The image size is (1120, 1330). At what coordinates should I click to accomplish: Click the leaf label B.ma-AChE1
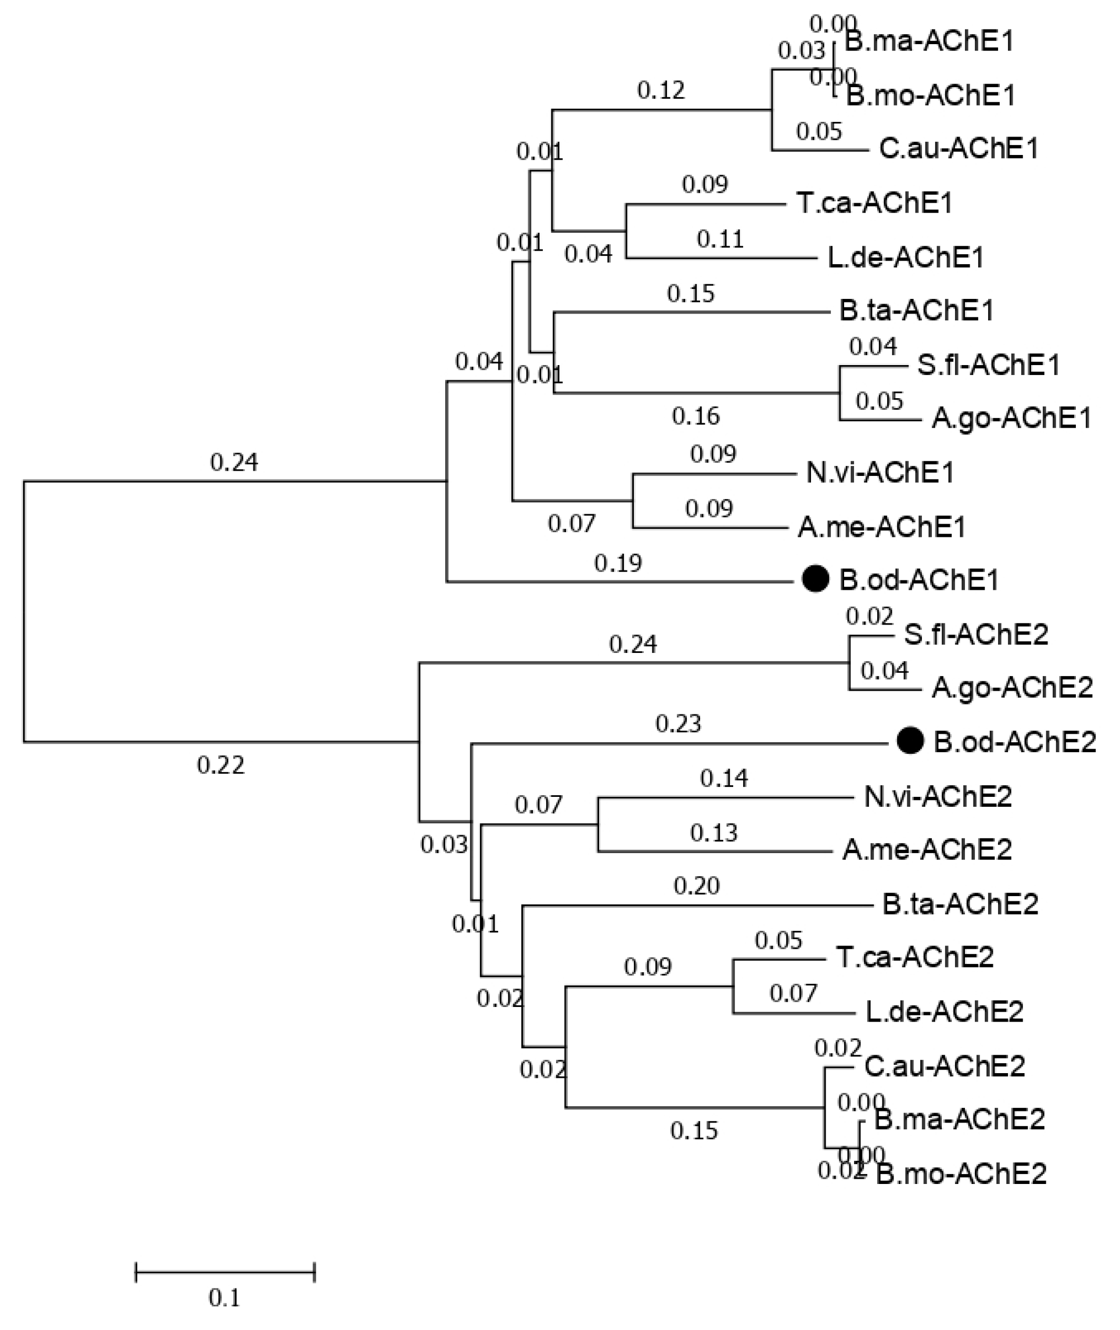click(x=930, y=41)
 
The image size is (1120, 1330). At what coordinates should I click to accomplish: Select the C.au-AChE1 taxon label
click(x=959, y=149)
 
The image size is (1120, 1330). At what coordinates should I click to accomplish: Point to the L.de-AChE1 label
click(x=906, y=257)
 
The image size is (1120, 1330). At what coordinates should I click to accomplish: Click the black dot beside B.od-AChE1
click(x=816, y=579)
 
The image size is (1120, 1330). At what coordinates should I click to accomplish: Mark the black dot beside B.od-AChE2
click(x=910, y=741)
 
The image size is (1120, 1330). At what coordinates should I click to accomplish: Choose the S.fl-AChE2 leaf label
click(x=976, y=635)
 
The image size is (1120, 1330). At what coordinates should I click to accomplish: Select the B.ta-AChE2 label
click(x=960, y=903)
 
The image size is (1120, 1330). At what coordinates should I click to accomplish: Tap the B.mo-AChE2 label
click(x=961, y=1174)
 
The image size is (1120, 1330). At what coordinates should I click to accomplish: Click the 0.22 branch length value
click(x=220, y=765)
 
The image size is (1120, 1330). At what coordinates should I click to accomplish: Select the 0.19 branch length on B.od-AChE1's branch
click(x=618, y=563)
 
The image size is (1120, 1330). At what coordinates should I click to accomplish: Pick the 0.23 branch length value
click(x=678, y=723)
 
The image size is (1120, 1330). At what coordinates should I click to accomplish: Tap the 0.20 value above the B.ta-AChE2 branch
click(x=696, y=885)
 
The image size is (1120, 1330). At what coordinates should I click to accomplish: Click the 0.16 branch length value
click(x=696, y=416)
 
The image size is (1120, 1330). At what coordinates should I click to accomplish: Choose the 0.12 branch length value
click(x=661, y=91)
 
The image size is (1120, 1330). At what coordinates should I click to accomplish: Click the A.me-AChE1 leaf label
click(x=881, y=527)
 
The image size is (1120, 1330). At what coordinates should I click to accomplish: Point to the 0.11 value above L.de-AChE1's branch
click(x=720, y=239)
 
